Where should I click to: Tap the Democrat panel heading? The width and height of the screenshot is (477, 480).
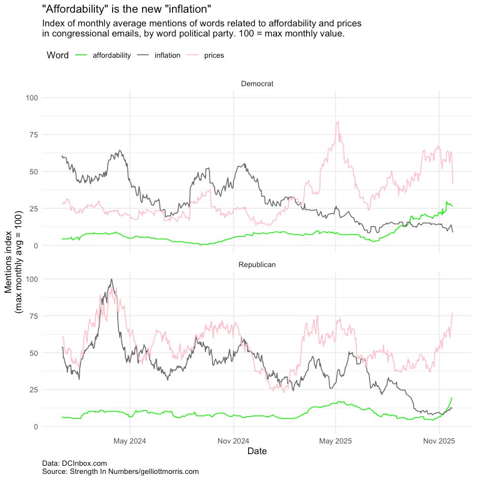[x=257, y=84]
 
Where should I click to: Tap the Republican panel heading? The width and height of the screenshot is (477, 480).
[x=257, y=265]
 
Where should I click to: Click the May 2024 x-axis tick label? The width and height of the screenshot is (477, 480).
[x=129, y=441]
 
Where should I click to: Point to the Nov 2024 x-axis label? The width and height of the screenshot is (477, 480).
[x=233, y=441]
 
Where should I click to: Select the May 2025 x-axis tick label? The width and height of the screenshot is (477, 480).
[x=335, y=441]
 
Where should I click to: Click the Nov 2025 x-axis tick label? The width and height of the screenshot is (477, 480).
[x=439, y=441]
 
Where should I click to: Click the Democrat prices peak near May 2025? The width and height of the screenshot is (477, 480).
[x=337, y=122]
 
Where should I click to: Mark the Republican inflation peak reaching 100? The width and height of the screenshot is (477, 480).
[x=111, y=279]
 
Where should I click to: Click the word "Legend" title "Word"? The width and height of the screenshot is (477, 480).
[x=57, y=55]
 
